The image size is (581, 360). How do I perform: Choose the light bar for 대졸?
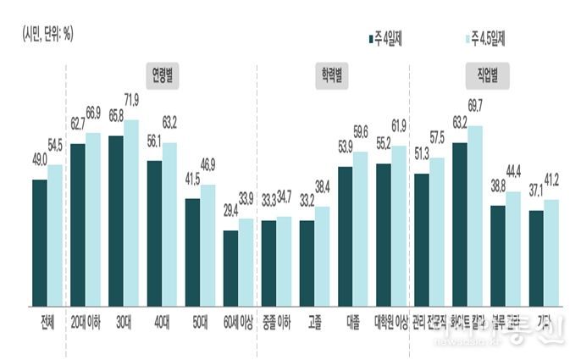pyautogui.click(x=360, y=229)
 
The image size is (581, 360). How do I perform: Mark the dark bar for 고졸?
pyautogui.click(x=307, y=263)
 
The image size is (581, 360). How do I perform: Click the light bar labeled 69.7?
pyautogui.click(x=475, y=215)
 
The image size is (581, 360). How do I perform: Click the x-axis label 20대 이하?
pyautogui.click(x=85, y=323)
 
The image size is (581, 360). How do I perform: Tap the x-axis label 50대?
pyautogui.click(x=200, y=323)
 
